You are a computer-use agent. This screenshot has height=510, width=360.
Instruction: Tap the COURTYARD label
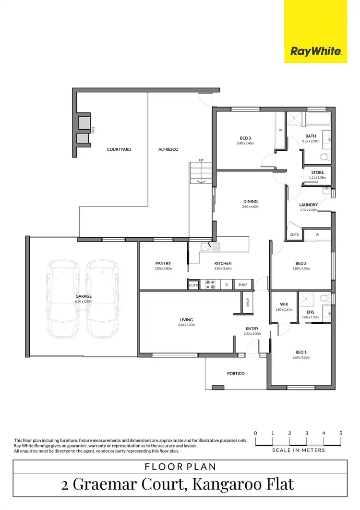(x=119, y=149)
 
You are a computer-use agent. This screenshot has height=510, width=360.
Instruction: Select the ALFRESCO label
(x=168, y=149)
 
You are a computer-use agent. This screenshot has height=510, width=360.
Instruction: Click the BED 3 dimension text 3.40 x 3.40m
(x=245, y=143)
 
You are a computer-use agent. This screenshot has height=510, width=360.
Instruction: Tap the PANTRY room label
(x=163, y=263)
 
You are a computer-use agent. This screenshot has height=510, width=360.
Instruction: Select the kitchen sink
(x=210, y=247)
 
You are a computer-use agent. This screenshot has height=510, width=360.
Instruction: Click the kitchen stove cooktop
(x=210, y=285)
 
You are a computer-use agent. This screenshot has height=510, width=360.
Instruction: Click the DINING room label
(x=250, y=201)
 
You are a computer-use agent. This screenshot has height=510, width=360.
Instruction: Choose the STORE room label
(x=317, y=172)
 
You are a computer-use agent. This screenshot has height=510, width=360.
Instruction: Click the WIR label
(x=283, y=304)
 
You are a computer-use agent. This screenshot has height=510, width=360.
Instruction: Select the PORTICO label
(x=236, y=373)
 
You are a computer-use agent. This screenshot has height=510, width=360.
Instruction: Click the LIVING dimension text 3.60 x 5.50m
(x=186, y=325)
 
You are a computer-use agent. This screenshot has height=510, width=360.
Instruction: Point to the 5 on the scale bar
(x=341, y=433)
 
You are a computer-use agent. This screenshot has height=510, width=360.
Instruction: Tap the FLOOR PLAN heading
(x=180, y=466)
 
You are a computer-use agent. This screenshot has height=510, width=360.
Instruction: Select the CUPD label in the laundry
(x=294, y=235)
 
